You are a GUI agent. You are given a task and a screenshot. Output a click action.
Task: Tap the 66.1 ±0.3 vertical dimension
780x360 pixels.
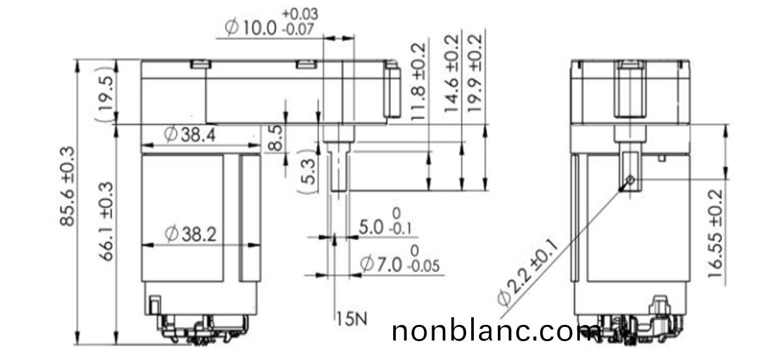pos(106,222)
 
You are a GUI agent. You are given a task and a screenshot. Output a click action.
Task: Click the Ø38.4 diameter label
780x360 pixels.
pos(191,135)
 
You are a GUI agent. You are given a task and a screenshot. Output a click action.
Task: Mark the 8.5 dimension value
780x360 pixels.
pos(276,138)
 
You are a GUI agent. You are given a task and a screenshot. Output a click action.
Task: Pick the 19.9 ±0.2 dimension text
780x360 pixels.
pos(476,74)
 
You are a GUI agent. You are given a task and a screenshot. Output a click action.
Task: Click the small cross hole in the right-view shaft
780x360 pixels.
pos(630,180)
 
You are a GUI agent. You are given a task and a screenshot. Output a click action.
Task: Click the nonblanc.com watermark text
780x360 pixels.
pos(497,331)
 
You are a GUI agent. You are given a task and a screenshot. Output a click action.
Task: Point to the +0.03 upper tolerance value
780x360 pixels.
pos(300,14)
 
